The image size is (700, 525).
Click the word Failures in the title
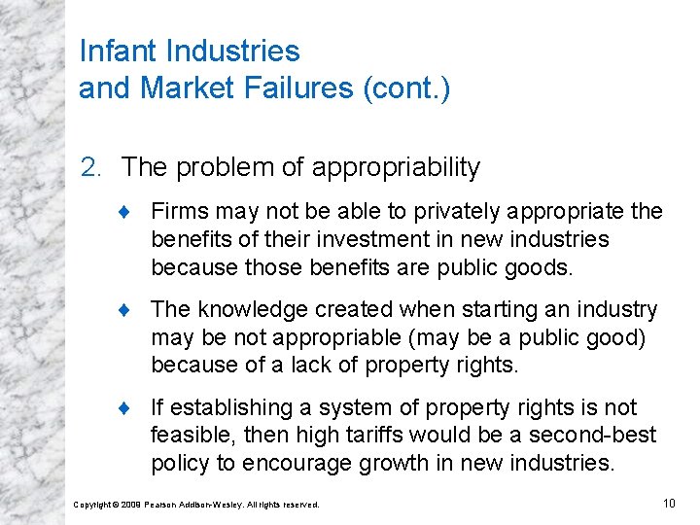302,87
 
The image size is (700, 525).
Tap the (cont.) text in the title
405,87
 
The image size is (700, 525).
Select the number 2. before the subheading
90,167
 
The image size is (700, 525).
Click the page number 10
668,503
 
